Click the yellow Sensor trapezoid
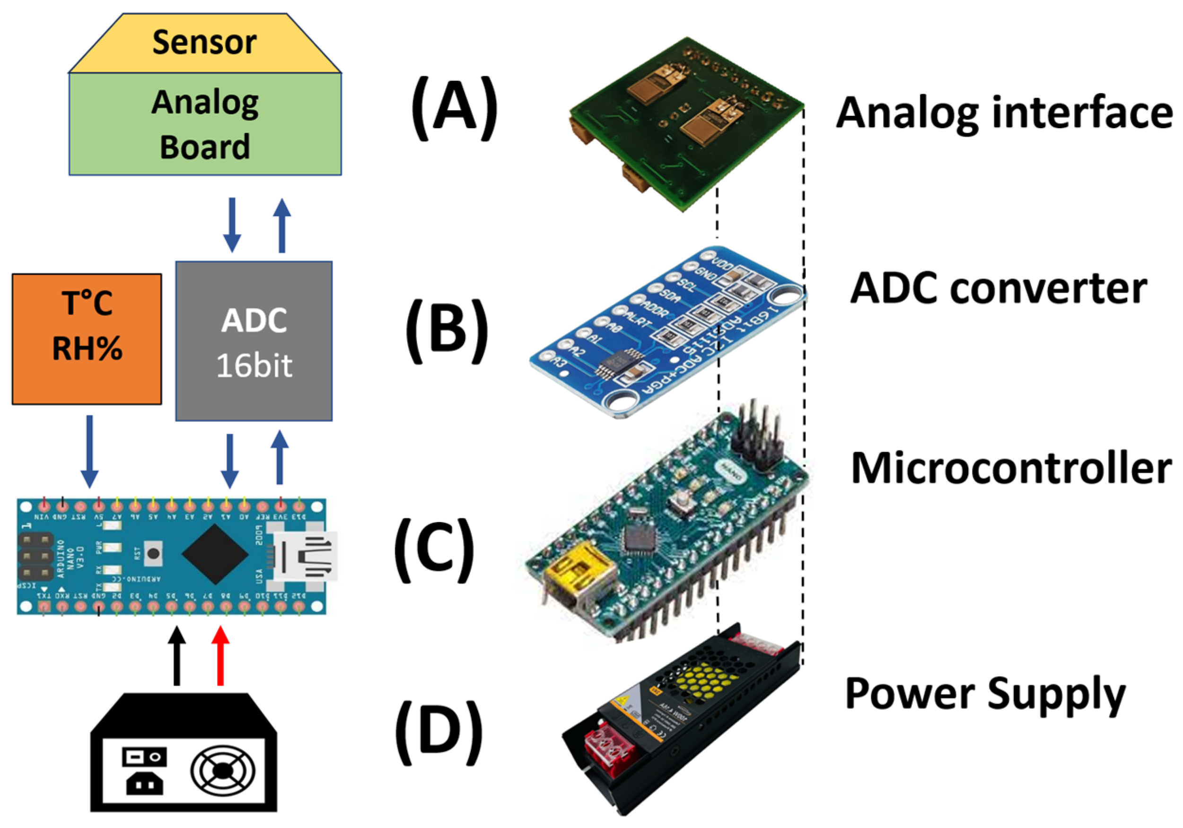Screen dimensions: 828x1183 click(204, 44)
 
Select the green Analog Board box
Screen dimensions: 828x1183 click(204, 124)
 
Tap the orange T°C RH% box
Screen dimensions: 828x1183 click(87, 339)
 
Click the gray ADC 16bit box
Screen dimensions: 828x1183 click(254, 341)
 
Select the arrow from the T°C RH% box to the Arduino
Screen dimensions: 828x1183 click(90, 451)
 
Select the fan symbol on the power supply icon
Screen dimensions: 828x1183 click(223, 771)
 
